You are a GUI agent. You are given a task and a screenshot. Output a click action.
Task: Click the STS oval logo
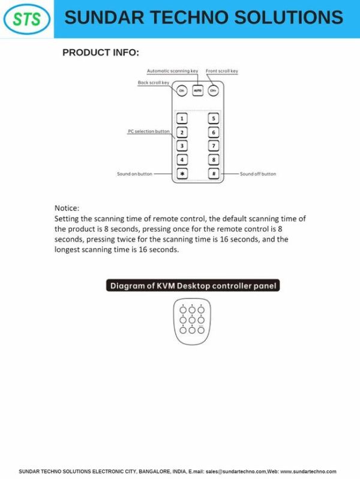click(26, 19)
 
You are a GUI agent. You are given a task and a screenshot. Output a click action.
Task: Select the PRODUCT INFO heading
click(101, 53)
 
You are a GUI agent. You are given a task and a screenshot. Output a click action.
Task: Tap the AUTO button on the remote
click(197, 91)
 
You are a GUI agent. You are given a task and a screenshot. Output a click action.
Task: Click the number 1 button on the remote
click(182, 119)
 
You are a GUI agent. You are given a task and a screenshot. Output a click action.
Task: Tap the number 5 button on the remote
click(214, 119)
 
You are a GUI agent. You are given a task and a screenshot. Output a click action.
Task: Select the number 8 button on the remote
click(214, 159)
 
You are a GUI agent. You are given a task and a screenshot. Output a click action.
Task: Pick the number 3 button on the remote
click(182, 146)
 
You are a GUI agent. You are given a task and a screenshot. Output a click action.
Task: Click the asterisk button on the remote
click(182, 173)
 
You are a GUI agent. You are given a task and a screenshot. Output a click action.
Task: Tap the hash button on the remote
click(214, 173)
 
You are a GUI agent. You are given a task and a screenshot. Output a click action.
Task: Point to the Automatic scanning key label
click(172, 71)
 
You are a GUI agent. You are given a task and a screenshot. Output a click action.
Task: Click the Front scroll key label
click(222, 71)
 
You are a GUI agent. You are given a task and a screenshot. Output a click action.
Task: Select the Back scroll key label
click(153, 83)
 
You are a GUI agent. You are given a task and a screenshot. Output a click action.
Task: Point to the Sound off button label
click(258, 174)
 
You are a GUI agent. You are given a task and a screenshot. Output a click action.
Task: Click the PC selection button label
click(149, 131)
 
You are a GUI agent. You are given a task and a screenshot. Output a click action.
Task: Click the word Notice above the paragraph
click(67, 208)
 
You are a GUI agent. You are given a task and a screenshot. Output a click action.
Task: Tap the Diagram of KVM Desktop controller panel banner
click(193, 286)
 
